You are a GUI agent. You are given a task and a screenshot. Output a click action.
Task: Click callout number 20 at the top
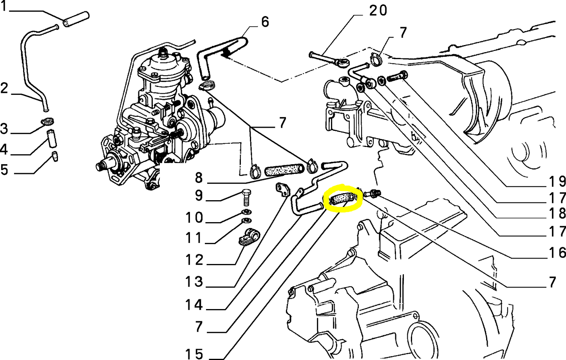point(378,11)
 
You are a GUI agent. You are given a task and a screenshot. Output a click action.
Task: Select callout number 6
point(265,22)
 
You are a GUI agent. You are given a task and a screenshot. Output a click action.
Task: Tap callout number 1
point(4,7)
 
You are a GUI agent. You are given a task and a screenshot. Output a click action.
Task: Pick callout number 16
point(557,253)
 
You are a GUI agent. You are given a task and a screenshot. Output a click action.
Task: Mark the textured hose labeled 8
point(284,170)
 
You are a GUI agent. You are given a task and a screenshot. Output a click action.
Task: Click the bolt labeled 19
point(397,77)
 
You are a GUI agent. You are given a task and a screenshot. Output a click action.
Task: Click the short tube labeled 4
point(52,137)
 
